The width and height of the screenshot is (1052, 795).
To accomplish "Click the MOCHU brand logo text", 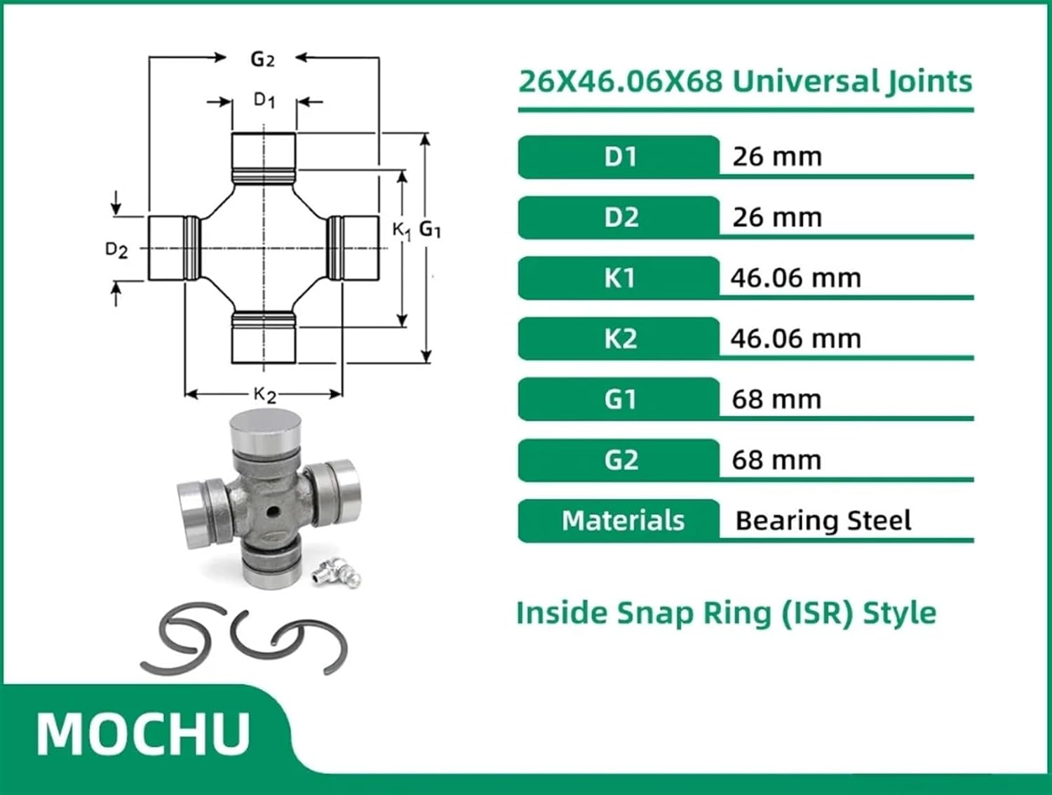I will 143,734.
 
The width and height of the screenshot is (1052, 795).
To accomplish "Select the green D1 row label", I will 620,156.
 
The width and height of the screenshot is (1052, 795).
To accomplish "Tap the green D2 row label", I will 620,218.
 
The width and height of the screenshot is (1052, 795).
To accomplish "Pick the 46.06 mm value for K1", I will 795,279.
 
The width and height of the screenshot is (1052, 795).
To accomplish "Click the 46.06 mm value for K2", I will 795,339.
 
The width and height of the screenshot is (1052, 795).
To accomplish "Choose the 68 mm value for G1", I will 776,400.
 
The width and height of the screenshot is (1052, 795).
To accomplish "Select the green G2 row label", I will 620,460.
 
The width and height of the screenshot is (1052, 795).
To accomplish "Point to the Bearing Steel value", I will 823,521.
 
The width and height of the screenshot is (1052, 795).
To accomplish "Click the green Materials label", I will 622,521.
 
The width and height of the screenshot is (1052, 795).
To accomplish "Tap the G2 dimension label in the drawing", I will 262,60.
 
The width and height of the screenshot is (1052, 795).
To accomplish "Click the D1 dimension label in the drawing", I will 264,100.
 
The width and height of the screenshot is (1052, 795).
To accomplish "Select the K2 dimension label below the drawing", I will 264,395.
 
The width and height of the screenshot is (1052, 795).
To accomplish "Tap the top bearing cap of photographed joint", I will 265,429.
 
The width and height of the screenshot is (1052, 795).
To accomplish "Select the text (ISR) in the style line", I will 817,613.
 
